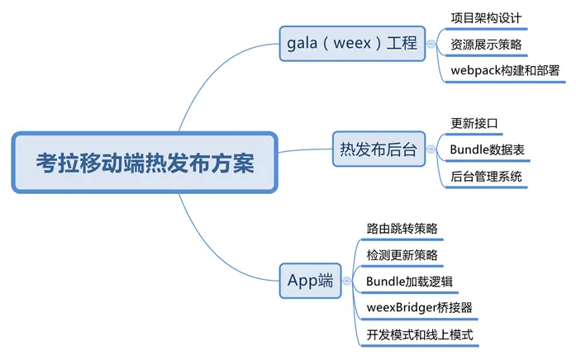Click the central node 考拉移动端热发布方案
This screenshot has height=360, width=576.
(x=145, y=163)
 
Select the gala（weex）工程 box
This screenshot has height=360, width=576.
(x=352, y=43)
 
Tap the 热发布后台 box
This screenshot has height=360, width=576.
(x=378, y=149)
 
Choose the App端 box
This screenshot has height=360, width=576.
(x=311, y=281)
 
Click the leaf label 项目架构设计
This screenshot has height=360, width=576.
(x=486, y=18)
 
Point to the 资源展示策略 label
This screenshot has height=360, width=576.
(x=486, y=45)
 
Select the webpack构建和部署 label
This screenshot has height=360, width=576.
(x=505, y=70)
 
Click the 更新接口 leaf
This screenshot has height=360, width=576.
(x=474, y=123)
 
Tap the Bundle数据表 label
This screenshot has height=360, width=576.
(x=487, y=149)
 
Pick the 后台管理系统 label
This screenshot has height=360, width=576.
(x=486, y=177)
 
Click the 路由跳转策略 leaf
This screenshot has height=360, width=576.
(x=402, y=229)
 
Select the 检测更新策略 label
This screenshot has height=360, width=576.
(x=402, y=255)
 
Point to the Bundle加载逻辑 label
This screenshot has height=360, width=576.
(x=409, y=282)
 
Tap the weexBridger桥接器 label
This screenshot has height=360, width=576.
(x=419, y=307)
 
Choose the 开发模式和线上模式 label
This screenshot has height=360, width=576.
(x=420, y=334)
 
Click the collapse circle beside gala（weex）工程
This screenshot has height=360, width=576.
(x=431, y=44)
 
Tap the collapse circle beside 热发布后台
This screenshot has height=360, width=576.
(x=431, y=149)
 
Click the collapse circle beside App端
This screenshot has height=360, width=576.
(x=347, y=281)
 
